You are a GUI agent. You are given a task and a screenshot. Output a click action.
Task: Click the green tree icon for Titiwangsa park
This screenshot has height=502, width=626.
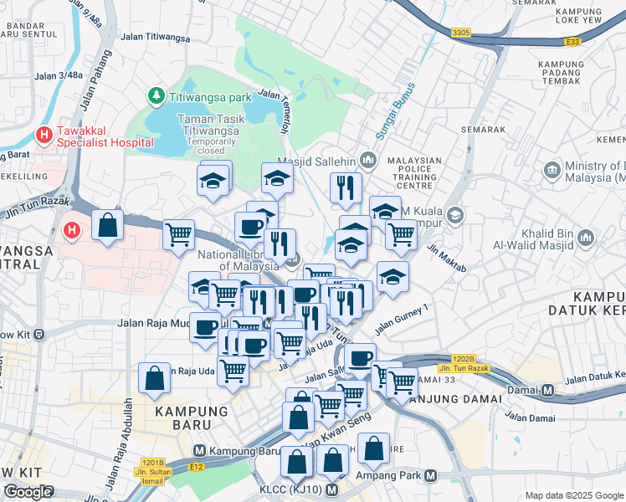click(156, 97)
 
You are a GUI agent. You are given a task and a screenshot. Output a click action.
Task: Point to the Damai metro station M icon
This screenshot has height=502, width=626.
click(548, 391)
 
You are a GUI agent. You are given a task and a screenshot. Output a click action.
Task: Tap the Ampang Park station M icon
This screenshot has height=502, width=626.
click(430, 475)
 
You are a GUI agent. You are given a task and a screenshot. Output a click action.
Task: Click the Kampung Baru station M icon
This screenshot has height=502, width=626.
click(202, 450)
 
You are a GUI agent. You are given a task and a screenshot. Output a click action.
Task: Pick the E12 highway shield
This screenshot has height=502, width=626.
click(197, 467)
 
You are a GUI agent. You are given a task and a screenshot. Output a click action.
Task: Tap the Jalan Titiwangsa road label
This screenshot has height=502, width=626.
click(155, 37)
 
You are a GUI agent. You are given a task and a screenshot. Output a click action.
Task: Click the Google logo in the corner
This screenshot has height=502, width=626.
click(28, 492)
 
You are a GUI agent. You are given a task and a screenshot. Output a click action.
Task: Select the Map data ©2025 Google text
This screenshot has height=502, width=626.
click(574, 495)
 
